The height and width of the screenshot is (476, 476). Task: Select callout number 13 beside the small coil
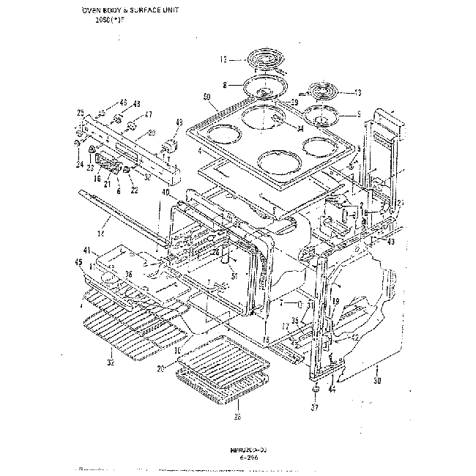click(x=357, y=92)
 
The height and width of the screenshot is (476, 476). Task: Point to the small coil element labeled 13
click(x=325, y=91)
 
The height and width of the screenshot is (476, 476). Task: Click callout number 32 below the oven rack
click(x=110, y=362)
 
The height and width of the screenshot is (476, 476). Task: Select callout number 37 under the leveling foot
click(x=316, y=407)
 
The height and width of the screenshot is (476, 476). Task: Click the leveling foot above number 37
click(x=316, y=390)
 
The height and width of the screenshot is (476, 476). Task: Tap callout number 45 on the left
click(x=78, y=261)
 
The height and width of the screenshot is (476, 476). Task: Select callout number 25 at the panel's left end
click(x=79, y=112)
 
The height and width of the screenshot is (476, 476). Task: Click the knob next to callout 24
click(x=77, y=144)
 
